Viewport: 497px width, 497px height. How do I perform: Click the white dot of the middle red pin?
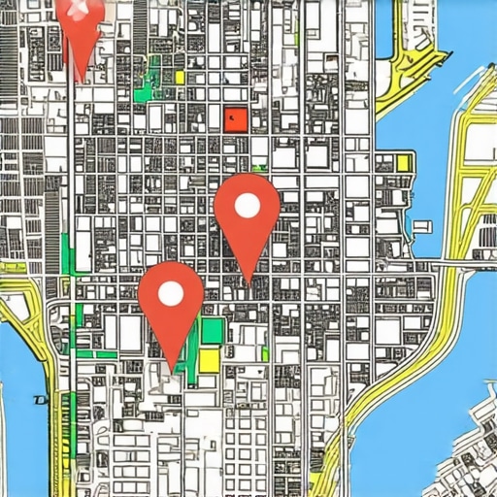coord(247,205)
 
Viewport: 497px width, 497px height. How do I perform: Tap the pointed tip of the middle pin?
coord(248,282)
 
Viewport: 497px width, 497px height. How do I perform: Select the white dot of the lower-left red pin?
coord(171,292)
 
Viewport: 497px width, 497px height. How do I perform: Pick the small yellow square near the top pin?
coord(180,77)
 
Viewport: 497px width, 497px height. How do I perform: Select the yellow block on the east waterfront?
coord(404,162)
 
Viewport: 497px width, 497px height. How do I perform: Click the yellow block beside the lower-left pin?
coord(209,361)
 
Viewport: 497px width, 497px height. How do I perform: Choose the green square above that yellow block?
coord(211,330)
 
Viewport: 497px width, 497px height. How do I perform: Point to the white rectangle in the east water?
coord(422,227)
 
